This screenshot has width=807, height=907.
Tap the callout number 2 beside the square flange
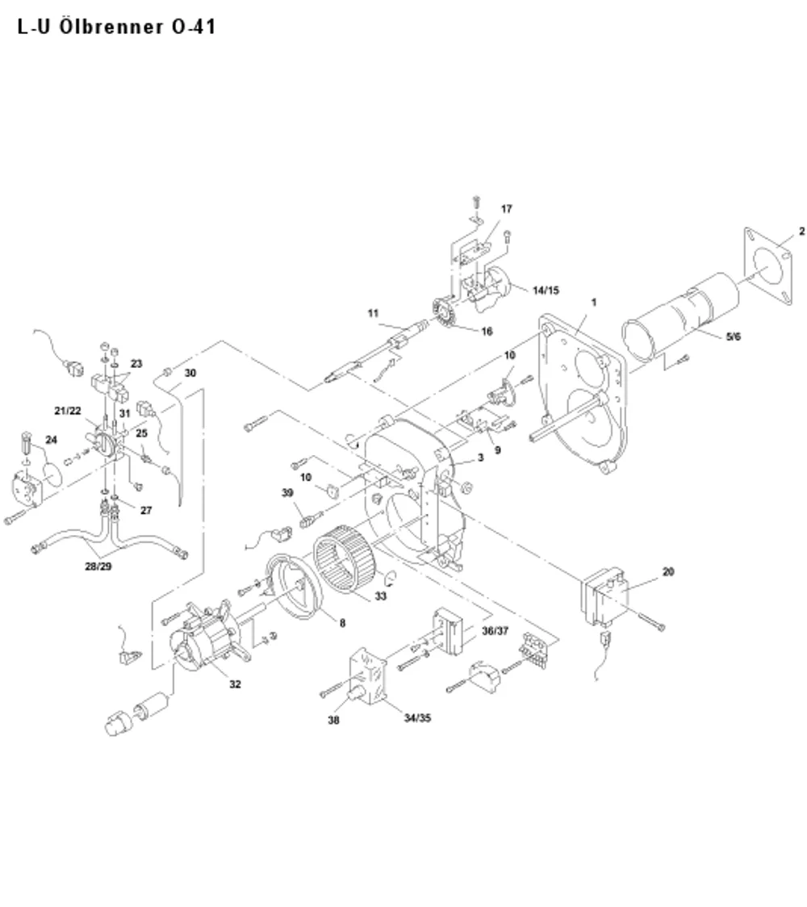[x=801, y=232]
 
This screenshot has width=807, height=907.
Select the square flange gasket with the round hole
[x=767, y=266]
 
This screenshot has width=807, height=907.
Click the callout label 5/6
[x=733, y=336]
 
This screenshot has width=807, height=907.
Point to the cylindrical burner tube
[x=680, y=323]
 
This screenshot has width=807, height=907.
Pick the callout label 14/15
[x=546, y=290]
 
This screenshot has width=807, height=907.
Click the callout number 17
[x=506, y=209]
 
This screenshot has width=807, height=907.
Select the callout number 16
[x=487, y=332]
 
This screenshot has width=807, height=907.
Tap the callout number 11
[x=373, y=314]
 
